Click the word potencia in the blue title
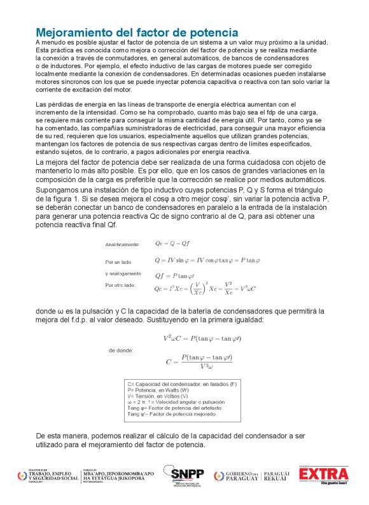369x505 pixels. pyautogui.click(x=209, y=32)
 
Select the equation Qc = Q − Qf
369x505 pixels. pyautogui.click(x=172, y=244)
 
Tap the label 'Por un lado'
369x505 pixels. pyautogui.click(x=118, y=261)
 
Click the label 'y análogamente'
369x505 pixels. pyautogui.click(x=123, y=274)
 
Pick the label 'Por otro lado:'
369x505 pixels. pyautogui.click(x=120, y=285)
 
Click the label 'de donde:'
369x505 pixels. pyautogui.click(x=121, y=350)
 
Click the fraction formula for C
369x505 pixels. pyautogui.click(x=199, y=361)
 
